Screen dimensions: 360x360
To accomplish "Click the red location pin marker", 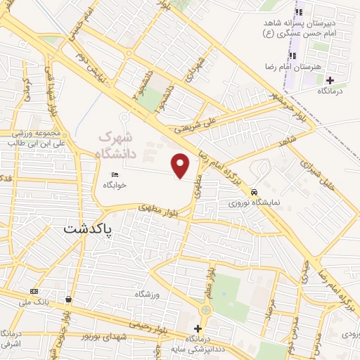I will pyautogui.click(x=181, y=165).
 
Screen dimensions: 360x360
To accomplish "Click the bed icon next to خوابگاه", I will pyautogui.click(x=114, y=175).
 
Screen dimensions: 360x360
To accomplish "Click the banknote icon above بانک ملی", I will pyautogui.click(x=34, y=291).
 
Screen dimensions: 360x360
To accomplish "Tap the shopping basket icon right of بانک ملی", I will pyautogui.click(x=68, y=299).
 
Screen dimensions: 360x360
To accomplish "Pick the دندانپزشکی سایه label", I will pyautogui.click(x=203, y=349).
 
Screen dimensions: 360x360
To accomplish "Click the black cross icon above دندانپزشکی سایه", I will pyautogui.click(x=198, y=328).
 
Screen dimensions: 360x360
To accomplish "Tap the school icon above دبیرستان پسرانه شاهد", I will pyautogui.click(x=298, y=12).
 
